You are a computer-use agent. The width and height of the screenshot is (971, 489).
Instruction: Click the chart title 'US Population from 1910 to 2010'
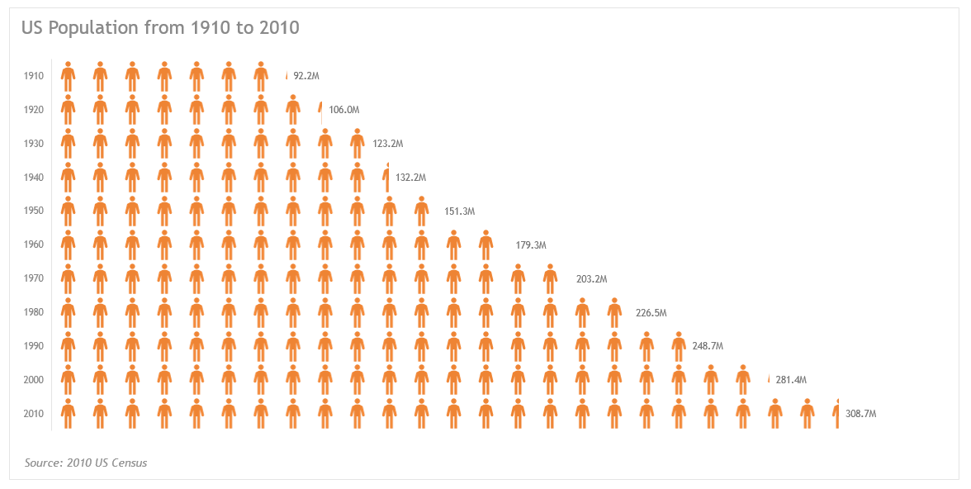point(160,28)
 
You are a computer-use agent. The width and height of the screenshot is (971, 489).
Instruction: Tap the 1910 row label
point(34,76)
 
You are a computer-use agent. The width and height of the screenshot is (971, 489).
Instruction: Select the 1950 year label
point(34,211)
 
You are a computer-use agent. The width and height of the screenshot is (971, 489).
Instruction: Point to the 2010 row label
point(34,414)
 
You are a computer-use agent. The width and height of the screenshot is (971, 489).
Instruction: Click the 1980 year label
point(34,312)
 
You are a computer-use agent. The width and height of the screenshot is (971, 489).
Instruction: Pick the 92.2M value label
point(306,76)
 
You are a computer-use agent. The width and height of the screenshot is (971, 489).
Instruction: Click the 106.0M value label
point(343,110)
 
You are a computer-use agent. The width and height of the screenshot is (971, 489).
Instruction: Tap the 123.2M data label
point(388,144)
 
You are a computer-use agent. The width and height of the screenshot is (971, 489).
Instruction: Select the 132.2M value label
point(410,178)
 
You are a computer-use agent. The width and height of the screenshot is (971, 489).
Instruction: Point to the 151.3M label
point(460,211)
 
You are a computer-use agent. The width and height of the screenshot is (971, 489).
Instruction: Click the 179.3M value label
point(531,245)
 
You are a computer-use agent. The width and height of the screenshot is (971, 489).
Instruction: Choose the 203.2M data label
point(591,279)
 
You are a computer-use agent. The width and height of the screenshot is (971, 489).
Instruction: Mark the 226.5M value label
point(651,313)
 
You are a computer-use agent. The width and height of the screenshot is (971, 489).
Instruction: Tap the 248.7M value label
point(708,346)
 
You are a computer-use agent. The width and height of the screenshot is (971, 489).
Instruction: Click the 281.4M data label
point(790,380)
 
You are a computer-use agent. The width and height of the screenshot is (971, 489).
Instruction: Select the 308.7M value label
point(860,414)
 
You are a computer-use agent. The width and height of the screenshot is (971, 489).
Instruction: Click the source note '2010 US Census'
point(86,463)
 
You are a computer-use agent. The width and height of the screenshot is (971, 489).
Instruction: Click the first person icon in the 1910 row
point(68,76)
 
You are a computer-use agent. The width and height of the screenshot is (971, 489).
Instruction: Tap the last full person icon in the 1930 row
point(357,144)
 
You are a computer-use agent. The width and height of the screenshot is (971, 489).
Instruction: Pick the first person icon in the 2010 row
point(68,414)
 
